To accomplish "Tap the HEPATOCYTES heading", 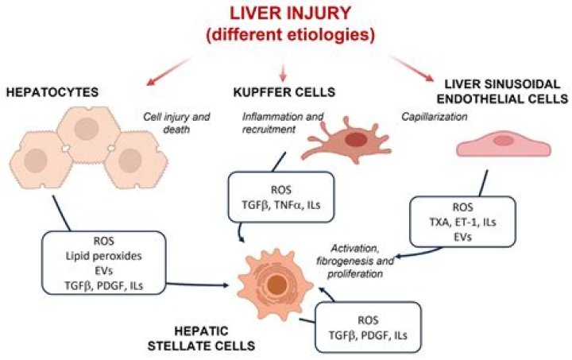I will [53, 92].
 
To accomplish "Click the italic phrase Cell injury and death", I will [176, 122].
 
